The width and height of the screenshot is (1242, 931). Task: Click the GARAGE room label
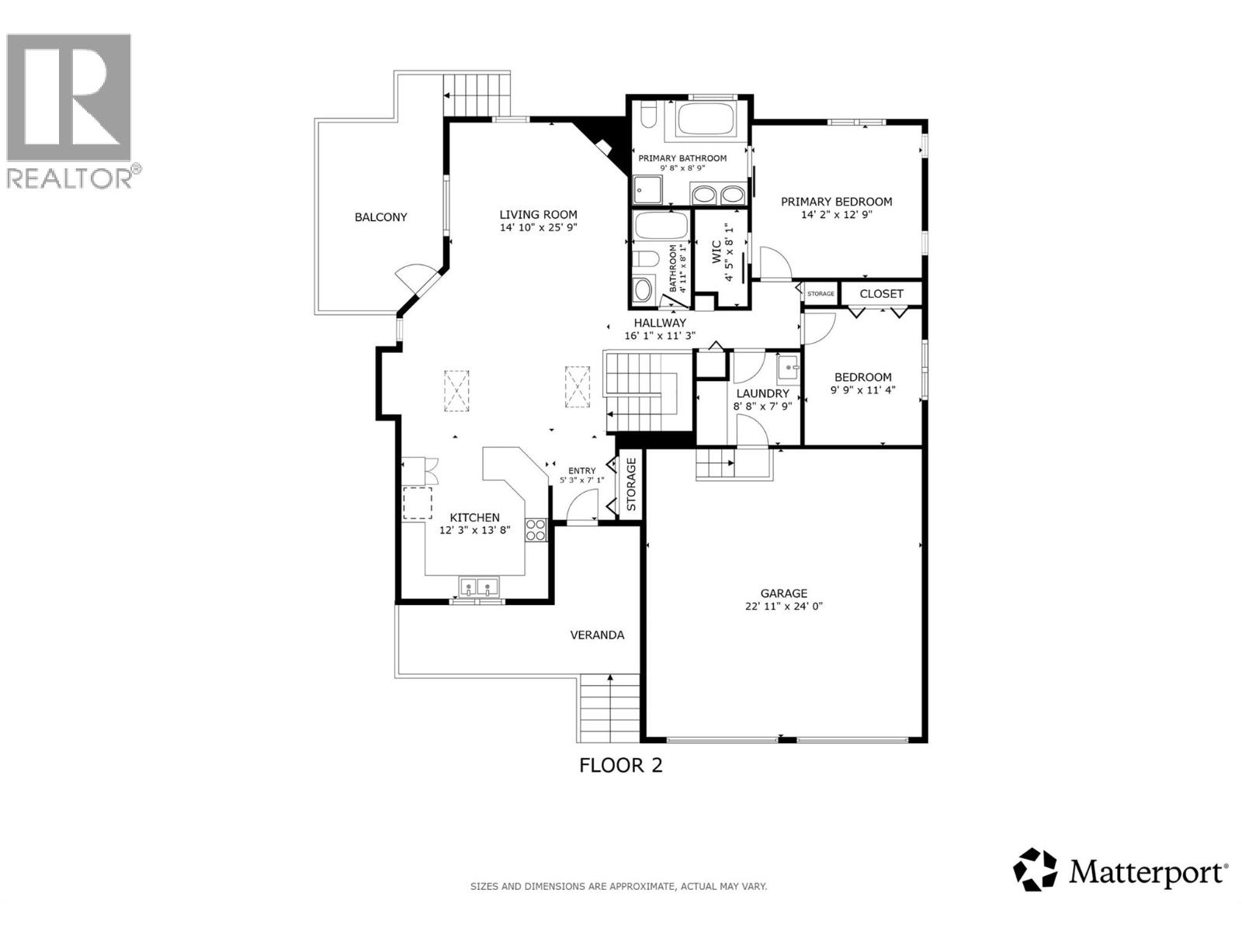[783, 594]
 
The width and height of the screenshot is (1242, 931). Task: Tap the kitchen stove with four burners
[536, 530]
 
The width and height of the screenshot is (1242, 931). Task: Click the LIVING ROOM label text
[538, 215]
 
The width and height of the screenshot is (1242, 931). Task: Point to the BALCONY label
[380, 217]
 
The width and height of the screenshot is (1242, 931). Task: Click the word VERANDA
[597, 635]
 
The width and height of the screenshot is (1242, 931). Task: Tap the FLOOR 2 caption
[621, 766]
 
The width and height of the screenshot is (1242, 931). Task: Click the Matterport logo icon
[1036, 870]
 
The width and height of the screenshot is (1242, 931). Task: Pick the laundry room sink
[789, 367]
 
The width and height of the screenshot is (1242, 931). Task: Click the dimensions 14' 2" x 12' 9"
[836, 215]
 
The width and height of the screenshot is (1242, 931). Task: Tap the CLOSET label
[881, 294]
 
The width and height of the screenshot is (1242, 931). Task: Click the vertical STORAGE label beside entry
[631, 484]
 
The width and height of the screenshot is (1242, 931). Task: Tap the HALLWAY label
[660, 323]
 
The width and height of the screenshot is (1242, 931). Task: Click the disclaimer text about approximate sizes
[619, 886]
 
